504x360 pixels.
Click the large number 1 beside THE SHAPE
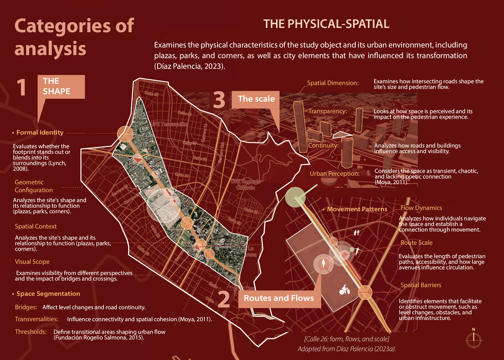(x=22, y=88)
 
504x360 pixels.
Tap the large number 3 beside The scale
(x=219, y=100)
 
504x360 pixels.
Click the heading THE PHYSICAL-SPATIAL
(x=326, y=24)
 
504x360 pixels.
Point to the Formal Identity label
(x=40, y=133)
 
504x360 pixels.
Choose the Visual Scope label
(x=32, y=262)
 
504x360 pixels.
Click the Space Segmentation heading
(x=48, y=294)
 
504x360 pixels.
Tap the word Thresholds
(x=31, y=332)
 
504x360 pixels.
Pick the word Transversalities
(x=37, y=319)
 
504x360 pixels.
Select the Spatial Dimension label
(x=333, y=83)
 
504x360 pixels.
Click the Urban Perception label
(x=334, y=174)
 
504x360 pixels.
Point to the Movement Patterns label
(x=357, y=209)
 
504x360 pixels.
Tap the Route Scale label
(x=416, y=243)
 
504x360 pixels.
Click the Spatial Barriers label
(x=421, y=285)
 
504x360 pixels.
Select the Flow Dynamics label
(x=421, y=208)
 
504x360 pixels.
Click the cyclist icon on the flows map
(x=345, y=290)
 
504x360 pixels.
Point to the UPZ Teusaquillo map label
(x=169, y=124)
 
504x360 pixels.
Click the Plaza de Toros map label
(x=223, y=244)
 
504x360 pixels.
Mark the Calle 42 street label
(x=152, y=94)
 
